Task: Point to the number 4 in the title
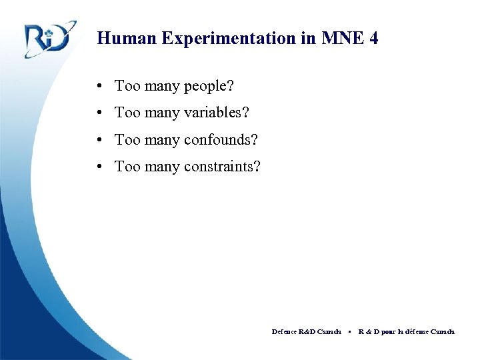coord(373,38)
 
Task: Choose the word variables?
coord(215,113)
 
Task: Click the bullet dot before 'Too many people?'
coord(98,86)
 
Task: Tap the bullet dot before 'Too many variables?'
coord(98,113)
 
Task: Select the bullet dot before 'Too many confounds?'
coord(98,140)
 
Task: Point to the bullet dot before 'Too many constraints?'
coord(98,167)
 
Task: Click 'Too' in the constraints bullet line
coord(126,167)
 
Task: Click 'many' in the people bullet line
coord(160,87)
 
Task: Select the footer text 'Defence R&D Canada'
coord(306,331)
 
